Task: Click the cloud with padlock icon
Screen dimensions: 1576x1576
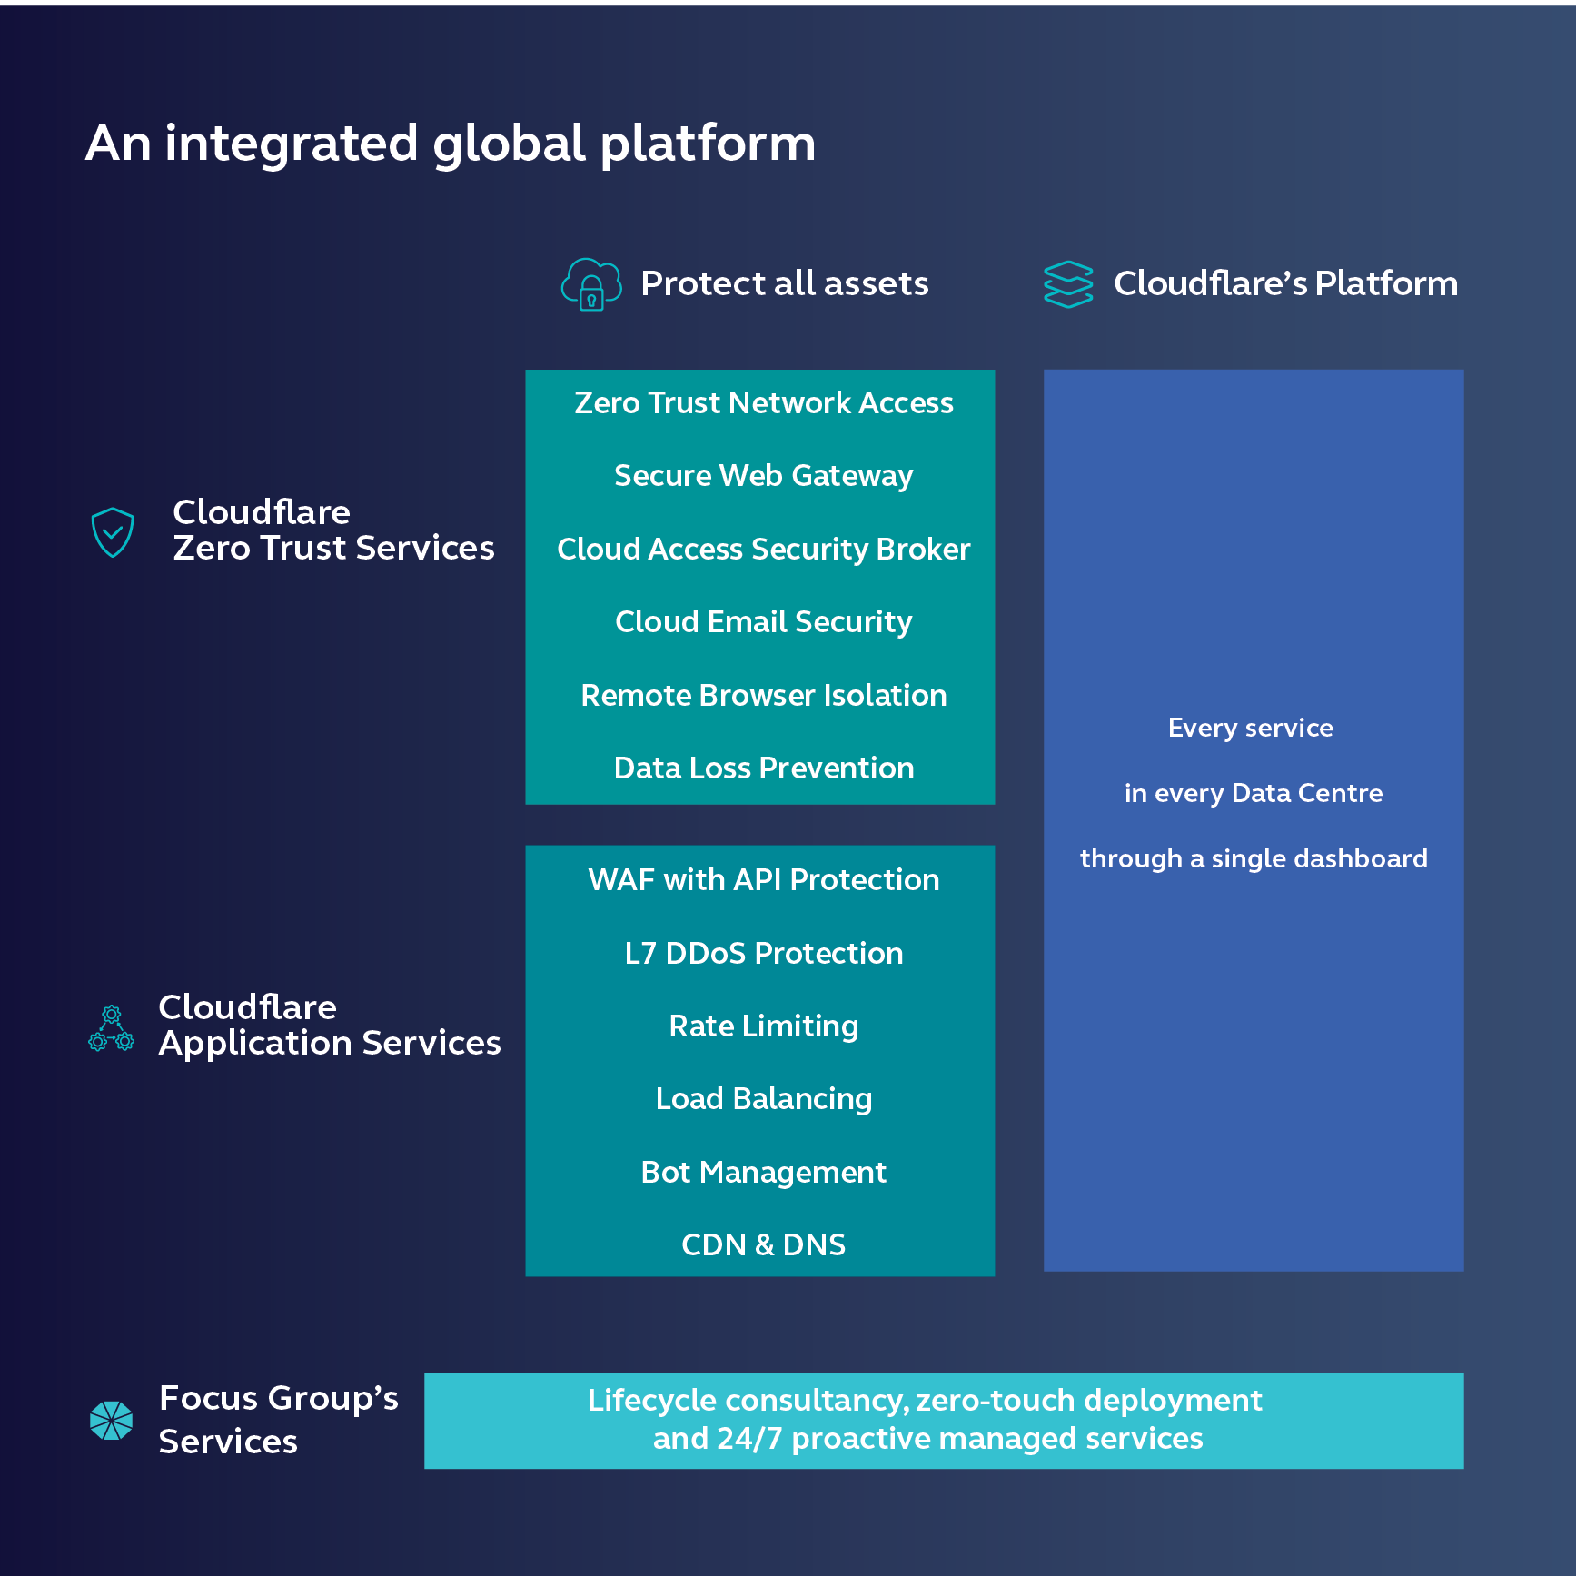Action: pyautogui.click(x=591, y=284)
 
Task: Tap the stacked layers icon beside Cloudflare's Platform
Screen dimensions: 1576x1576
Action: pyautogui.click(x=1068, y=284)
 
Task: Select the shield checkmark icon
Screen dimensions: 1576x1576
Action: pyautogui.click(x=113, y=531)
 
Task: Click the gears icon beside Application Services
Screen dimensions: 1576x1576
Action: pyautogui.click(x=112, y=1028)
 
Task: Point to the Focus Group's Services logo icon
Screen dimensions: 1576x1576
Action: pyautogui.click(x=112, y=1421)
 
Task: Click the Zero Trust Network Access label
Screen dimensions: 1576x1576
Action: pyautogui.click(x=764, y=403)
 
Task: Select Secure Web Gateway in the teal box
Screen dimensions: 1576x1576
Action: pyautogui.click(x=764, y=476)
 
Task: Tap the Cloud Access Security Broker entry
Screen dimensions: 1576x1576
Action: pyautogui.click(x=764, y=550)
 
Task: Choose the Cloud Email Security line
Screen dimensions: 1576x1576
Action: pyautogui.click(x=764, y=622)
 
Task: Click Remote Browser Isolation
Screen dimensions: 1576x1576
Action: pyautogui.click(x=764, y=696)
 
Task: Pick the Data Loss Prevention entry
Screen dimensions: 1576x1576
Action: pyautogui.click(x=764, y=768)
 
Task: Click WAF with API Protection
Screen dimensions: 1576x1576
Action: pyautogui.click(x=764, y=880)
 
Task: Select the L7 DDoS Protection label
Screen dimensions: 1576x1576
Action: pyautogui.click(x=764, y=954)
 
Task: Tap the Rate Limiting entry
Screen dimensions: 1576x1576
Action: pyautogui.click(x=764, y=1026)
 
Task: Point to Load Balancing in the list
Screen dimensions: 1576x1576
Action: pyautogui.click(x=764, y=1099)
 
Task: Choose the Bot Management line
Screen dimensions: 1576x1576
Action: pyautogui.click(x=764, y=1173)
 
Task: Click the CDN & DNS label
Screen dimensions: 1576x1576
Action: pyautogui.click(x=764, y=1245)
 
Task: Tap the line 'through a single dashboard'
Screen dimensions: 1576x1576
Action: pyautogui.click(x=1254, y=859)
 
